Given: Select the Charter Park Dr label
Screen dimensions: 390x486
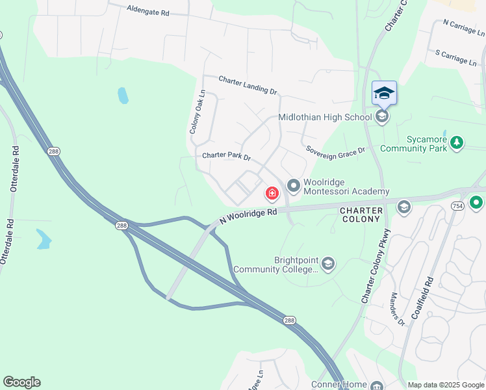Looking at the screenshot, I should point(226,157).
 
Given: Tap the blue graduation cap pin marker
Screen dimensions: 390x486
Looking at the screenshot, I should point(384,93).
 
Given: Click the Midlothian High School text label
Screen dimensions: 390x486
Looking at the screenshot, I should point(326,118).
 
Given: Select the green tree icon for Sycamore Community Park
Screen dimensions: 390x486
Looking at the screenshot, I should point(457,142).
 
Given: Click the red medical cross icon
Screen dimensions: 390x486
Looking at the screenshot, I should point(272,193).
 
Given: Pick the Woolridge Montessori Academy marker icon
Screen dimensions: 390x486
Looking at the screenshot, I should point(293,187).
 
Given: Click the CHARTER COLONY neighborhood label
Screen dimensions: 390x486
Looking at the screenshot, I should point(360,214).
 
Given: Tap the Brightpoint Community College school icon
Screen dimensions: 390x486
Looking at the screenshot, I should point(328,263).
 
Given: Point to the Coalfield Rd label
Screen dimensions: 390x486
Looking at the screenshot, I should point(429,296).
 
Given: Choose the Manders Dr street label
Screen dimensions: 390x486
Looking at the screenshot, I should point(397,309).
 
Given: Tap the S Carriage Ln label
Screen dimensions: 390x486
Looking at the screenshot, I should point(456,57).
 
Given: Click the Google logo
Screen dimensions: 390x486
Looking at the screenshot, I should point(21,382).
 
